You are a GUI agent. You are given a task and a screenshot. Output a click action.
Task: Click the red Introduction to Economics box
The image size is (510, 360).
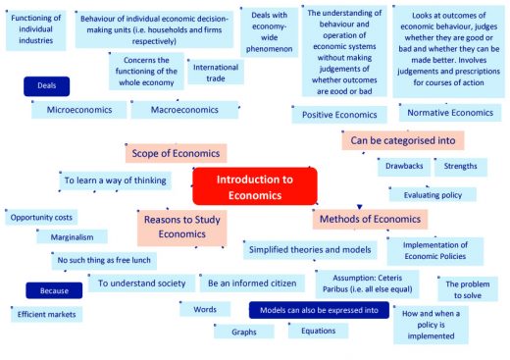click(x=254, y=186)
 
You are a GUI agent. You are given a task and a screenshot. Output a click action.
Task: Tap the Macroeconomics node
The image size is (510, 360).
click(x=184, y=110)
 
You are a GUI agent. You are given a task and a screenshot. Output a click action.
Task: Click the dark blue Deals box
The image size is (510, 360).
click(x=46, y=85)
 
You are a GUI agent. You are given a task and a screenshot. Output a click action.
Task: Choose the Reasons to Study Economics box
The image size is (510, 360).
click(x=181, y=227)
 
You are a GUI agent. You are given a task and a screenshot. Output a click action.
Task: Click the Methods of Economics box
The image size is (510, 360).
click(x=369, y=219)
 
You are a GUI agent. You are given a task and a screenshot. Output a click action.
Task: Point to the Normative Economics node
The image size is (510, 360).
click(x=449, y=112)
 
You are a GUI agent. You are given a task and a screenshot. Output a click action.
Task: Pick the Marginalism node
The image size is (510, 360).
click(x=72, y=236)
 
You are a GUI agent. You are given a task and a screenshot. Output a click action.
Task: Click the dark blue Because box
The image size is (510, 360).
click(x=54, y=291)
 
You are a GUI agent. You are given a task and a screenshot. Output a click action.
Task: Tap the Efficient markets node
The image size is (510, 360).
click(x=46, y=314)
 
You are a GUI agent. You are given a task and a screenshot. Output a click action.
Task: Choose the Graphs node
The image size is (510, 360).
click(x=243, y=333)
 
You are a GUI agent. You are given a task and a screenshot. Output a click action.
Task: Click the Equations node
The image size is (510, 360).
click(x=318, y=330)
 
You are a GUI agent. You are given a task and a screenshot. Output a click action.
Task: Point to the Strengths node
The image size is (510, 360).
click(x=460, y=167)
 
